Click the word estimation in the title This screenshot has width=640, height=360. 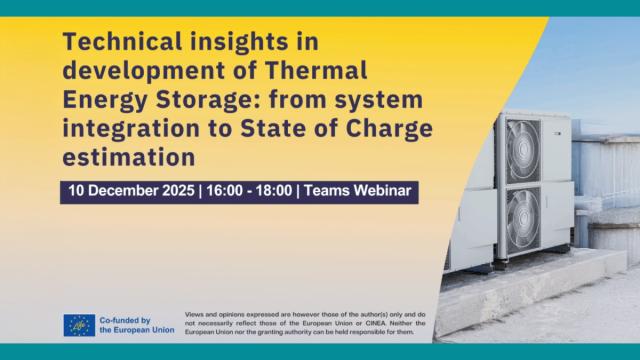click(126, 157)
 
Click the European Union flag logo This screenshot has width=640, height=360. click(80, 325)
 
